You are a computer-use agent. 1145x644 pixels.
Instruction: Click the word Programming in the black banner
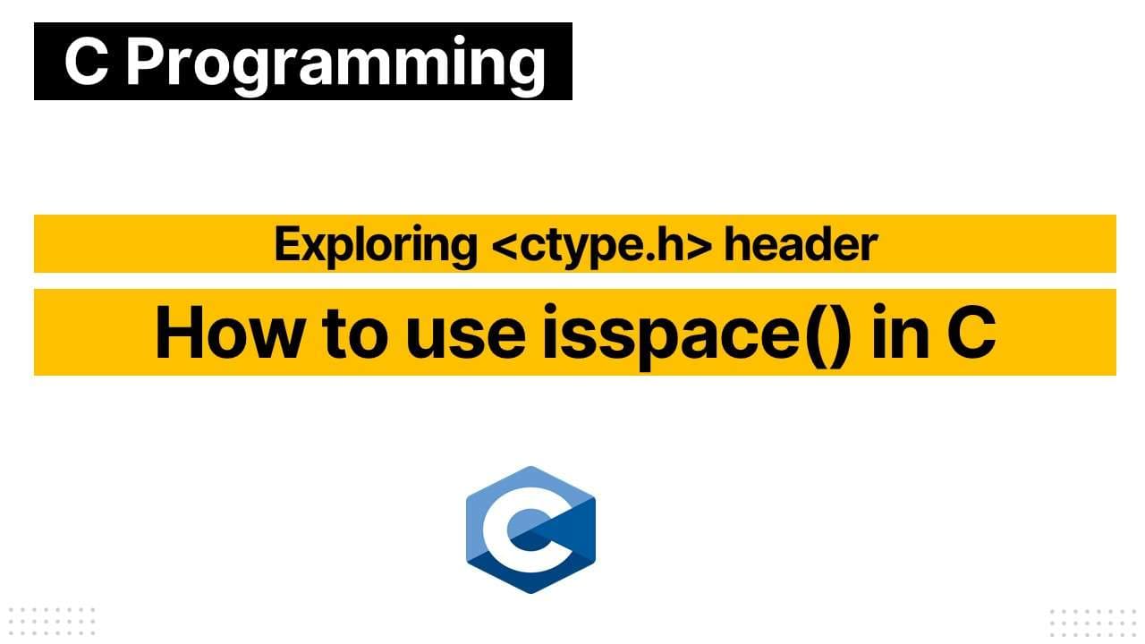(335, 63)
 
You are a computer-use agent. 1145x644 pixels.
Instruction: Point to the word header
(800, 244)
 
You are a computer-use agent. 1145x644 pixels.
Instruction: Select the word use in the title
(466, 333)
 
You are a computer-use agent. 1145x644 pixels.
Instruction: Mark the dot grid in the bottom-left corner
(50, 621)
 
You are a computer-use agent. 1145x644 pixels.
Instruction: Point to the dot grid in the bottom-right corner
(1095, 621)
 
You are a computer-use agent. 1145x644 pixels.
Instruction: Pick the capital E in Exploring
(287, 244)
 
